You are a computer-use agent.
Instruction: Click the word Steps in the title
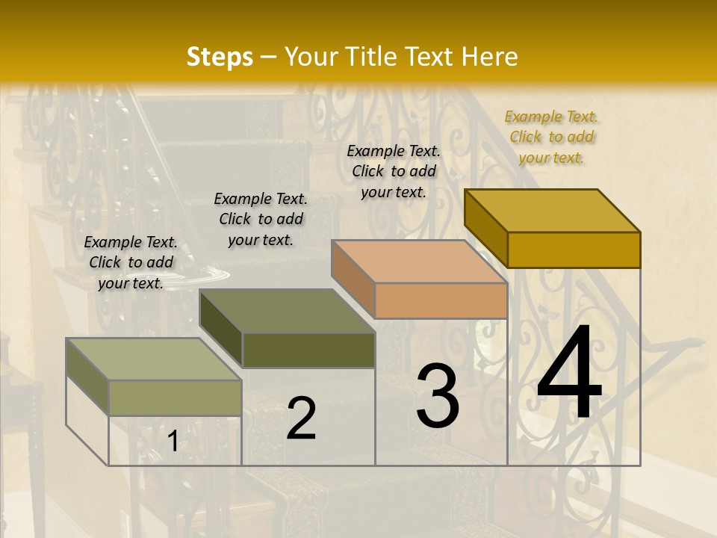pyautogui.click(x=219, y=57)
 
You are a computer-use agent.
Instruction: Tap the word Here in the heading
pyautogui.click(x=489, y=57)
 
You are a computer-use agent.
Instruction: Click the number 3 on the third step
pyautogui.click(x=438, y=395)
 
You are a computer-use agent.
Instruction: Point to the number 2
pyautogui.click(x=301, y=418)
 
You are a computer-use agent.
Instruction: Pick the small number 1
pyautogui.click(x=173, y=442)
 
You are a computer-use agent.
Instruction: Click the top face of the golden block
pyautogui.click(x=553, y=210)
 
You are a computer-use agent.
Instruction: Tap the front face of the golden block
pyautogui.click(x=574, y=250)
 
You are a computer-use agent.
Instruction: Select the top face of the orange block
pyautogui.click(x=419, y=262)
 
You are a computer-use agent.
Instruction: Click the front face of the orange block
pyautogui.click(x=441, y=300)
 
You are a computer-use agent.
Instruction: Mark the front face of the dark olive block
pyautogui.click(x=308, y=350)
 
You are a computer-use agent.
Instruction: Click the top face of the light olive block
pyautogui.click(x=154, y=359)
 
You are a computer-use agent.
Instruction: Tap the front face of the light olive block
pyautogui.click(x=175, y=398)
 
